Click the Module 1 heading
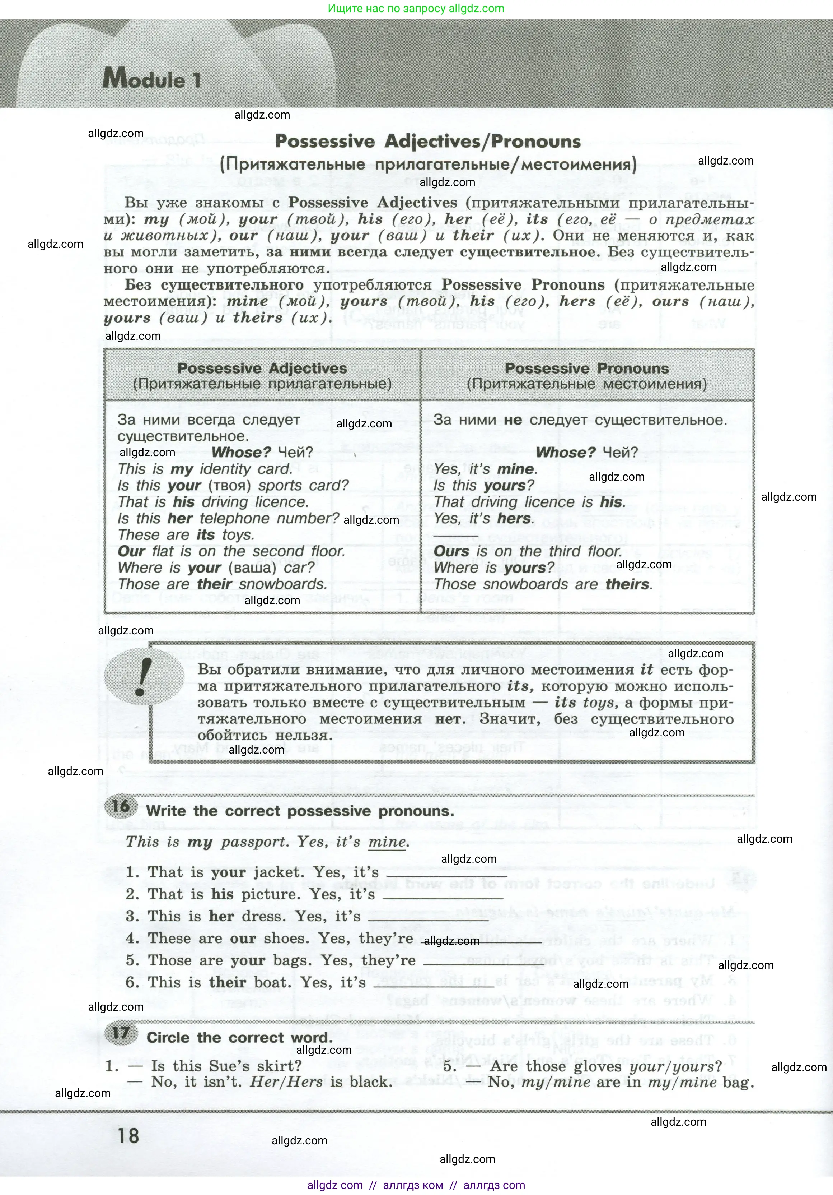(151, 79)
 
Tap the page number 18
(128, 1135)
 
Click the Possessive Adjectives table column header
(262, 375)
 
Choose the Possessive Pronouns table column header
(586, 375)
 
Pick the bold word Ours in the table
(451, 551)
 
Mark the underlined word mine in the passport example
(387, 842)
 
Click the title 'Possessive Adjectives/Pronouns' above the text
(427, 142)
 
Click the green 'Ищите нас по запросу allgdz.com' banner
(416, 8)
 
